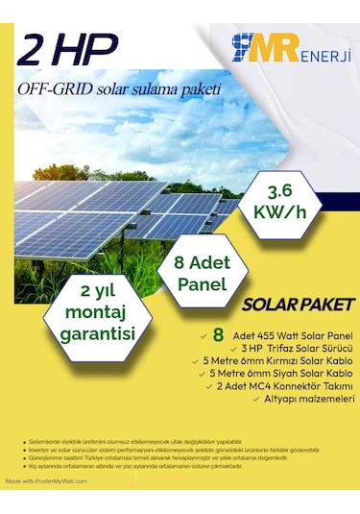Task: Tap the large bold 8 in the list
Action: (218, 335)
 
